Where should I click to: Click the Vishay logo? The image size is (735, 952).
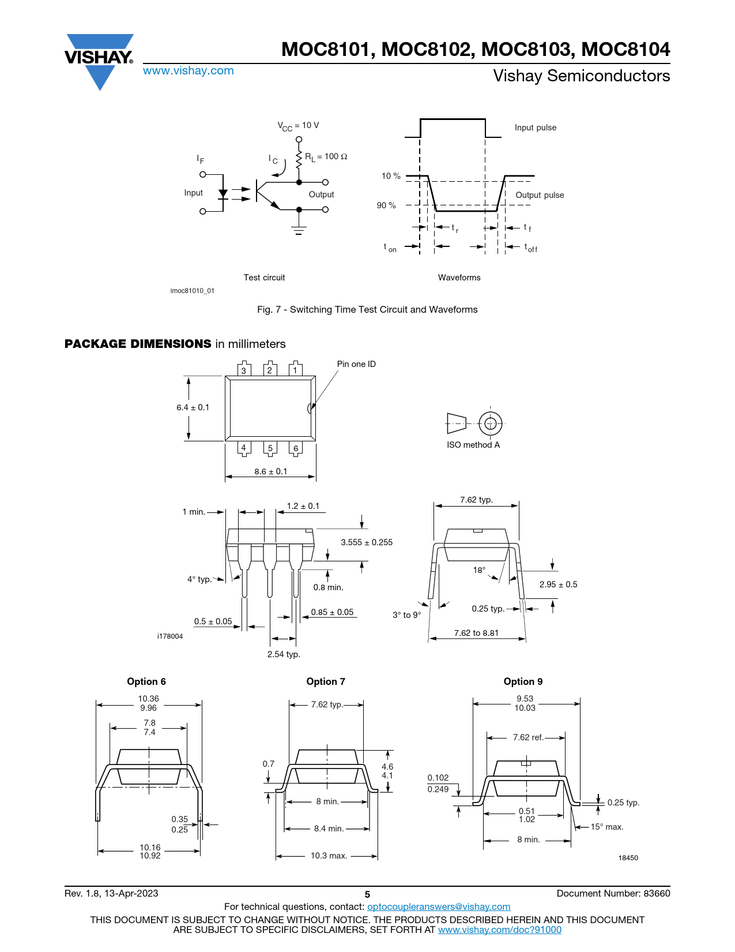coord(99,62)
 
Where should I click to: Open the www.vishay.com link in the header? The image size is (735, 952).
coord(189,70)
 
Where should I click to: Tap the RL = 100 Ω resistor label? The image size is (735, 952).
coord(326,157)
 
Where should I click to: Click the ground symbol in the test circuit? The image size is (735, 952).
coord(299,230)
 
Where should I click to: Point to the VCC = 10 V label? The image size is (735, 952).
coord(298,126)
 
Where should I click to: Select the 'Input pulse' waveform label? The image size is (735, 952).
coord(536,128)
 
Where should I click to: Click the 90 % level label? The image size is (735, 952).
coord(386,205)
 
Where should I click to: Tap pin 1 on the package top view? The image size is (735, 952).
coord(296,369)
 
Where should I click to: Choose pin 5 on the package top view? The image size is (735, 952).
coord(270,449)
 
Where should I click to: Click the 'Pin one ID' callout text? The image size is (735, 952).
coord(356,364)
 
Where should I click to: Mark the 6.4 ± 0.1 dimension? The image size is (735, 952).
coord(193,407)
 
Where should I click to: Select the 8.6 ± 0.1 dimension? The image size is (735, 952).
coord(270,471)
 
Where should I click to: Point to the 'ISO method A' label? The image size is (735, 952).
coord(473,445)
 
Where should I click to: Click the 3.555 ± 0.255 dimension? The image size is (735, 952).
coord(367,542)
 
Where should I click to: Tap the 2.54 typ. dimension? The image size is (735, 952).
coord(284,654)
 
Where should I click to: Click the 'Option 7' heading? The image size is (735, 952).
coord(326,681)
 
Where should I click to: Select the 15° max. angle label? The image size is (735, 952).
coord(607,827)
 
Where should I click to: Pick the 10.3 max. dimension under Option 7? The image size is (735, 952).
coord(329,856)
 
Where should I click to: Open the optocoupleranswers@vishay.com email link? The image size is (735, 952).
coord(439,906)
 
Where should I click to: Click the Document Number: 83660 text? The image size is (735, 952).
coord(613,893)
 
